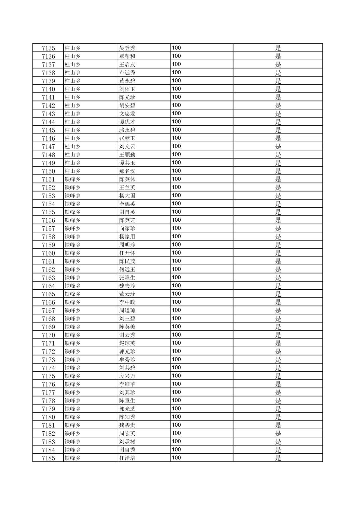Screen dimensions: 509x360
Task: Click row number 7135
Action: point(48,48)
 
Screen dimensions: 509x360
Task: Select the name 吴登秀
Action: point(127,48)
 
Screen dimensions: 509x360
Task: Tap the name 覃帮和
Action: point(127,56)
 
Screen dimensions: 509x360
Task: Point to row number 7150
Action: point(48,171)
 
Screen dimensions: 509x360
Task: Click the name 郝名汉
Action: point(127,171)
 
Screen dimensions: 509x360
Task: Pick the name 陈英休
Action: point(127,179)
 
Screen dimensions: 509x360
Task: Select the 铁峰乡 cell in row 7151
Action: point(72,179)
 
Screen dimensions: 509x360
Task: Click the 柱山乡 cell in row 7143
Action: point(72,114)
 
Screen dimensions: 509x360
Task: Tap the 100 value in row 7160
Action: point(176,253)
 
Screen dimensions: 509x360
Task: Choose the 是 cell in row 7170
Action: point(278,335)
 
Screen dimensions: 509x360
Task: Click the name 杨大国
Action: point(127,196)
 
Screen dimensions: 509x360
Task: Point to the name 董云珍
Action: point(127,294)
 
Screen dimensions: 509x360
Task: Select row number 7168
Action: point(48,319)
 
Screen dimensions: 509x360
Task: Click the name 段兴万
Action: point(127,376)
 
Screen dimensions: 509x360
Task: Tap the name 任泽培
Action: point(127,458)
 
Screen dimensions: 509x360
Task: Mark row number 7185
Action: point(48,458)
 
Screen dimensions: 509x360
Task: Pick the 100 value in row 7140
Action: point(176,89)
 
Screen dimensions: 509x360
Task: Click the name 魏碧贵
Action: point(127,425)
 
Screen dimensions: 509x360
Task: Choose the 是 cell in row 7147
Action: point(278,146)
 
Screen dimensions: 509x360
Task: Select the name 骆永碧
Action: point(127,130)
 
